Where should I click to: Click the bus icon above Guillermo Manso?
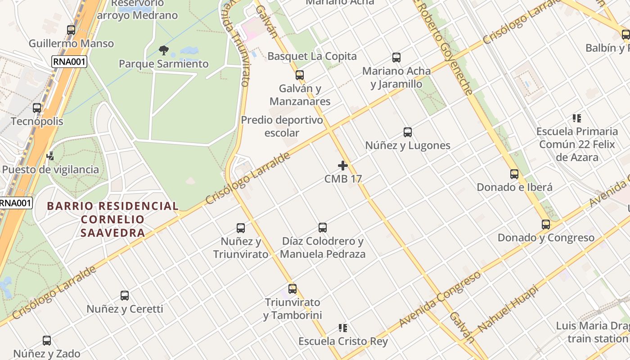coord(71,30)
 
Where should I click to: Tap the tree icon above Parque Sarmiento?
coord(164,50)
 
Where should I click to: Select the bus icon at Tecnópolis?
coord(37,108)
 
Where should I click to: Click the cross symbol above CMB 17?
coord(343,166)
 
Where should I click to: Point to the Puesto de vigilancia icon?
coord(50,156)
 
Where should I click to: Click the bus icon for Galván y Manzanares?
coord(300,75)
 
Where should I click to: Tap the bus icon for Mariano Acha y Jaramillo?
coord(396,58)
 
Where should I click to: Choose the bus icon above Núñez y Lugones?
coord(408,132)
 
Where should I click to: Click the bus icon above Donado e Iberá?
coord(514,174)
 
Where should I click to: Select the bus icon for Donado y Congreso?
coord(546,225)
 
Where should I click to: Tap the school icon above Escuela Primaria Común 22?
coord(577,118)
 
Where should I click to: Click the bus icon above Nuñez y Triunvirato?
coord(241,228)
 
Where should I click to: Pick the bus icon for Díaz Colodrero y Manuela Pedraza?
coord(323,228)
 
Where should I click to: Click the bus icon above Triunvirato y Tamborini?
coord(292,289)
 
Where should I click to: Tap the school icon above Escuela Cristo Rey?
coord(343,328)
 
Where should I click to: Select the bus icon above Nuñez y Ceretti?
coord(125,296)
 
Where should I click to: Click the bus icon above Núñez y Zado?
coord(47,341)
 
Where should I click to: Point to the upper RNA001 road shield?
coord(69,62)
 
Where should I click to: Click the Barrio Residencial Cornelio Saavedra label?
coord(113,219)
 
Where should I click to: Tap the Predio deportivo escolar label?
coord(282,126)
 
